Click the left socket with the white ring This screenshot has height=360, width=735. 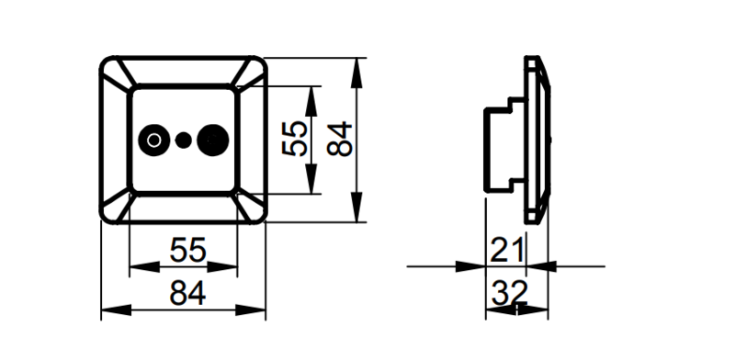click(x=153, y=140)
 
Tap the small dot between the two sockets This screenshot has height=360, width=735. click(x=183, y=141)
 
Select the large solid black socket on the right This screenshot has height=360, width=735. click(x=213, y=141)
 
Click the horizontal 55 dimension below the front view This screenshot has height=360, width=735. click(x=187, y=250)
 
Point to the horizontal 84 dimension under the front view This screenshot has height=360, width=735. click(x=187, y=294)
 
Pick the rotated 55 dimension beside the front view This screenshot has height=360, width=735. click(x=294, y=139)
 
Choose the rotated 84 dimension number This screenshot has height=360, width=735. click(x=339, y=139)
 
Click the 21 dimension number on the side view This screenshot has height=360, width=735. click(x=506, y=250)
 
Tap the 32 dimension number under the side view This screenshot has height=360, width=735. click(x=510, y=293)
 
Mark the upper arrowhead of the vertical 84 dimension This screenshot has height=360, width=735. click(x=357, y=73)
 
